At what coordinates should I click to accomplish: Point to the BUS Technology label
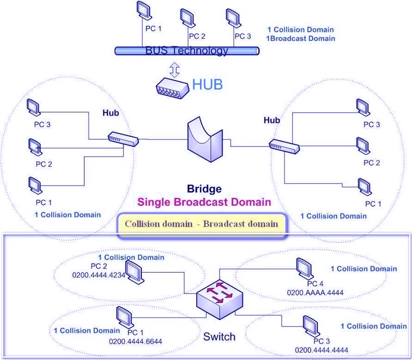tap(186, 51)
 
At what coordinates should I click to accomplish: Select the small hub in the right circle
tap(284, 146)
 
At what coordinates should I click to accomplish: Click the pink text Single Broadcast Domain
tap(204, 202)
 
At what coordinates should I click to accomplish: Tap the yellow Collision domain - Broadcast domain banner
tap(202, 224)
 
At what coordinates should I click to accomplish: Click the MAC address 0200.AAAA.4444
tap(315, 292)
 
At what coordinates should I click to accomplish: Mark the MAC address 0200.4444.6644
tap(135, 341)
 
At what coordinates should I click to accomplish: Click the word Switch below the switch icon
tap(219, 337)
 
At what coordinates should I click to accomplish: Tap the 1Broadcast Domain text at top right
tap(301, 39)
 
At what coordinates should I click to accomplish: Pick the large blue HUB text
tap(207, 84)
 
